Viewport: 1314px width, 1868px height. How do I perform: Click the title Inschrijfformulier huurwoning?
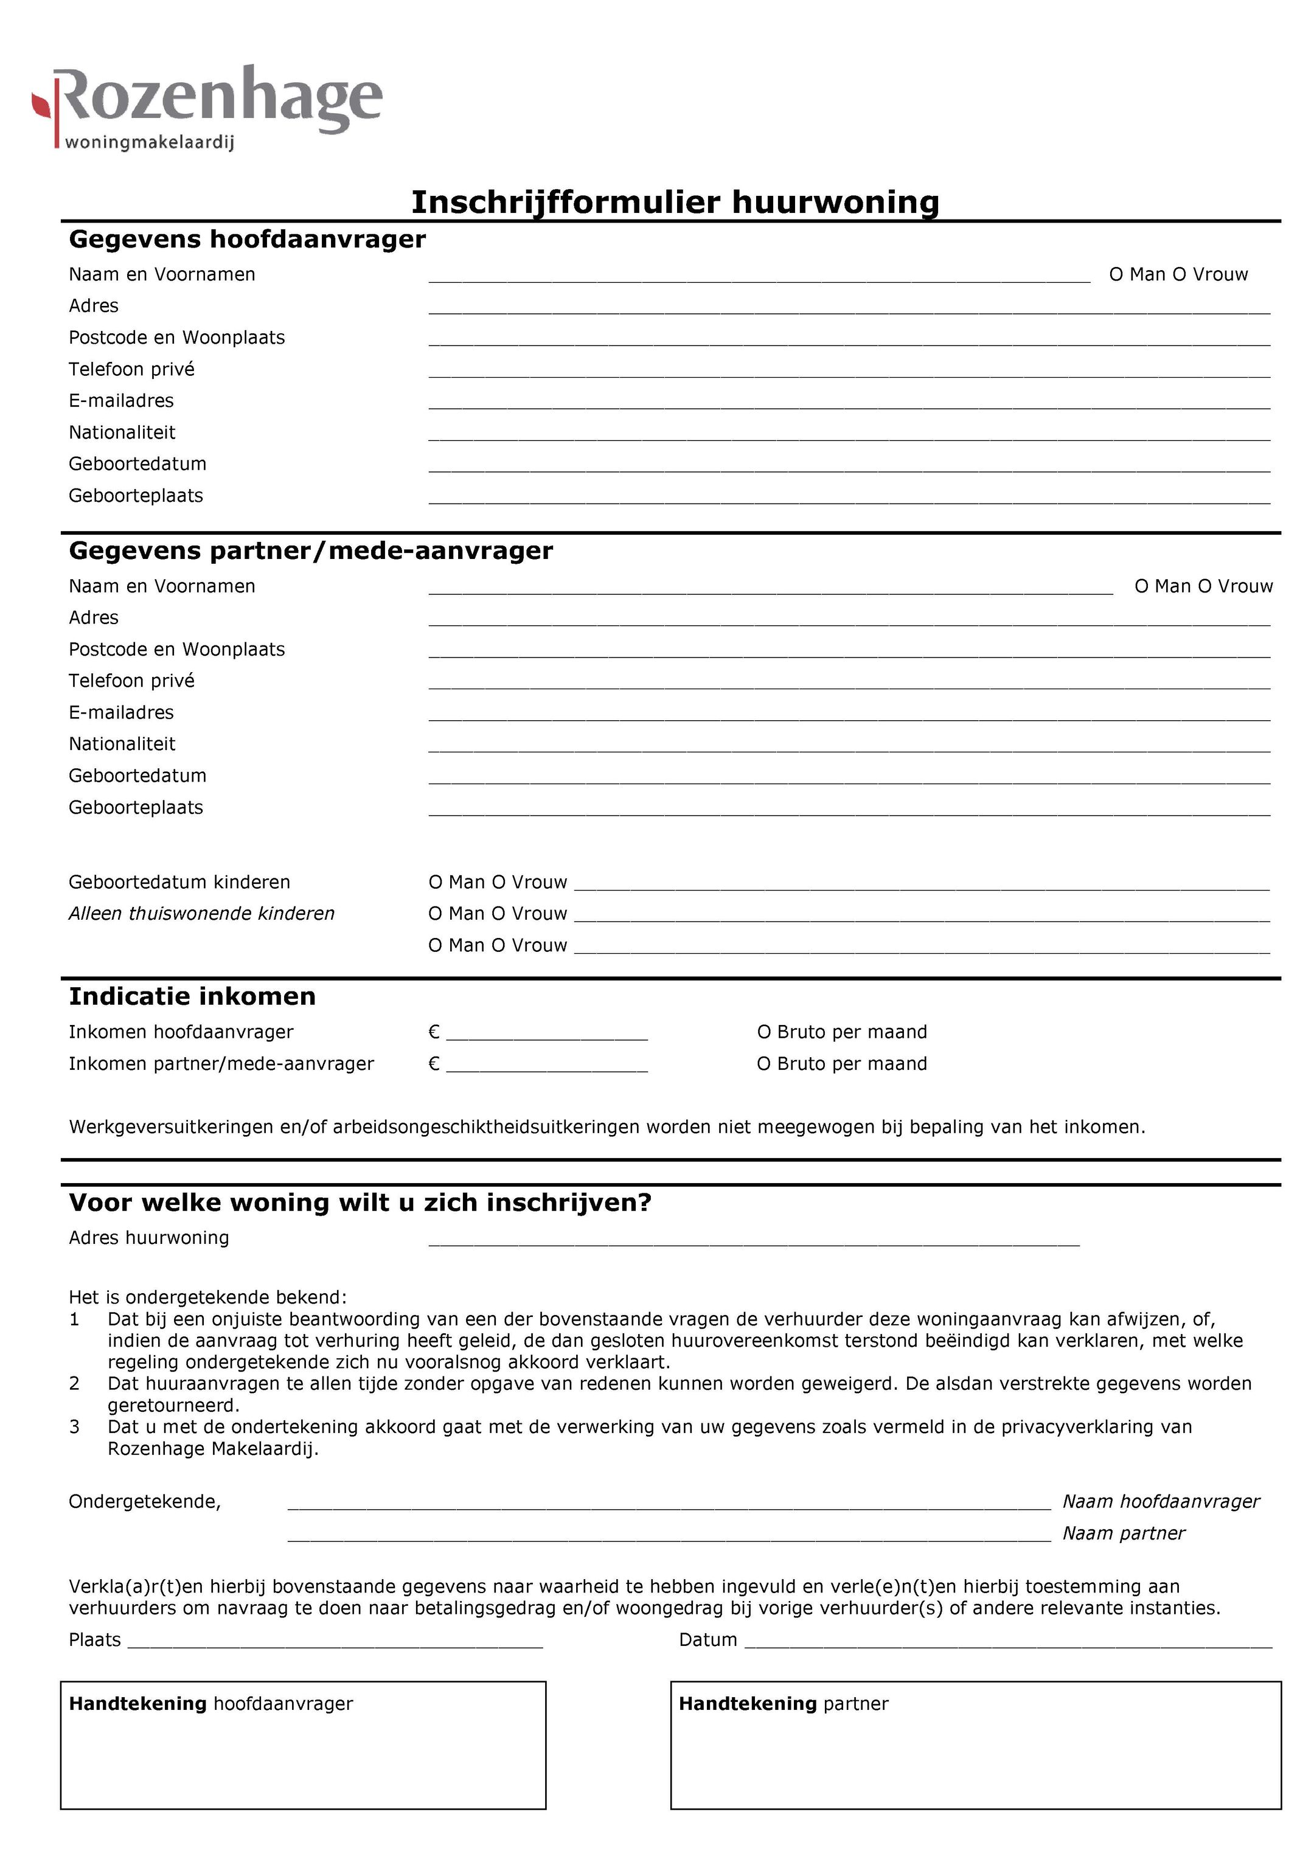tap(675, 202)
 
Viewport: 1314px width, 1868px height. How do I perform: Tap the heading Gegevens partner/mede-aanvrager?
tap(310, 551)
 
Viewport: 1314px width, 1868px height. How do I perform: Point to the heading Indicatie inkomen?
tap(192, 996)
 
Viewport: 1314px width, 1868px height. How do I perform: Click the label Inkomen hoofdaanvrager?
tap(181, 1032)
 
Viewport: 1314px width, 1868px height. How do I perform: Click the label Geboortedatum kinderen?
tap(179, 882)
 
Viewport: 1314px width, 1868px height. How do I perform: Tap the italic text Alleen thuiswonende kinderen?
tap(201, 914)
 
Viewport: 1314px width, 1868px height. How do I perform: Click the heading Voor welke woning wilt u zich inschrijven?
tap(360, 1203)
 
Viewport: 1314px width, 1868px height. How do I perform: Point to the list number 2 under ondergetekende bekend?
tap(74, 1384)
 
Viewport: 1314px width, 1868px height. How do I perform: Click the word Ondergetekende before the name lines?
tap(144, 1501)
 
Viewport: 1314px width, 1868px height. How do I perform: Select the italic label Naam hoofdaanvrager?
tap(1160, 1501)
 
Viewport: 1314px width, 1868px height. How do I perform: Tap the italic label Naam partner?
tap(1123, 1533)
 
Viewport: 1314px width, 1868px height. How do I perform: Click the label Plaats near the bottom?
tap(94, 1639)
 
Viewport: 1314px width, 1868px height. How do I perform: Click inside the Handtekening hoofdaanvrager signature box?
tap(303, 1762)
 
